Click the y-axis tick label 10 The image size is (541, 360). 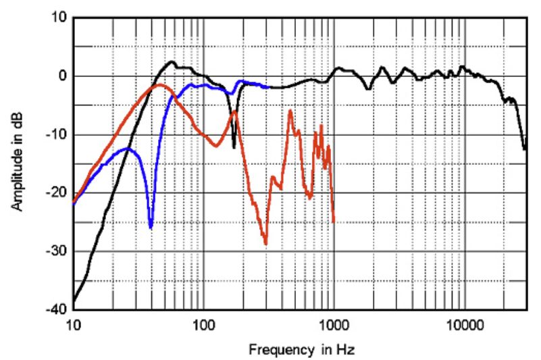coord(59,18)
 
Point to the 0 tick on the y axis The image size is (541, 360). coord(62,76)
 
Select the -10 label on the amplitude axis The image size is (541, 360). coord(57,134)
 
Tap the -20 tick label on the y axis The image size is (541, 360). coord(57,193)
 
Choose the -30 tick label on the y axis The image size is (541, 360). coord(57,251)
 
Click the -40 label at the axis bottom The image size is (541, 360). coord(57,310)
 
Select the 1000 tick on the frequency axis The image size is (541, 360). coord(334,324)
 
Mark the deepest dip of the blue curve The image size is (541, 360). coord(151,228)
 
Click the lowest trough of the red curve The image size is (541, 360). coord(265,244)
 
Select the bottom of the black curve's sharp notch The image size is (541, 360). coord(234,147)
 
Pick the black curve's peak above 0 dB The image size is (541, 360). coord(172,62)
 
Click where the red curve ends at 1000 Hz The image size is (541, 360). coord(334,222)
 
